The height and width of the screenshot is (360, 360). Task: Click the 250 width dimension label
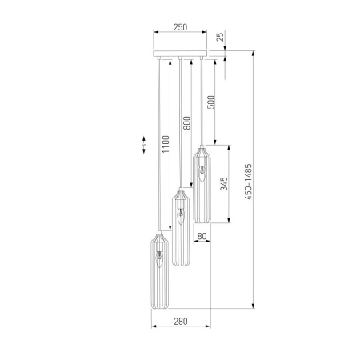(x=180, y=27)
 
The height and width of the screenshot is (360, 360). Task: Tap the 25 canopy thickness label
(x=220, y=36)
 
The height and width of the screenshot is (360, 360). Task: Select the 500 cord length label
(x=210, y=102)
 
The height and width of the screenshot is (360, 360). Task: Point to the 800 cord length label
(x=187, y=123)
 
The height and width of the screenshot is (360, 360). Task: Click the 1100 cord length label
(x=166, y=144)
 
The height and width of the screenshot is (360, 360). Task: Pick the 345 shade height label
(x=224, y=184)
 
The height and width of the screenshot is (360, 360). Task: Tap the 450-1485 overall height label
(x=248, y=182)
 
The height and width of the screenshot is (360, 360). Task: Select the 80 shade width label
(x=202, y=236)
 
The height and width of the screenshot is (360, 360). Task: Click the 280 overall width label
(x=181, y=322)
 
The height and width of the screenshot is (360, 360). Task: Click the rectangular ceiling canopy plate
(x=180, y=54)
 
